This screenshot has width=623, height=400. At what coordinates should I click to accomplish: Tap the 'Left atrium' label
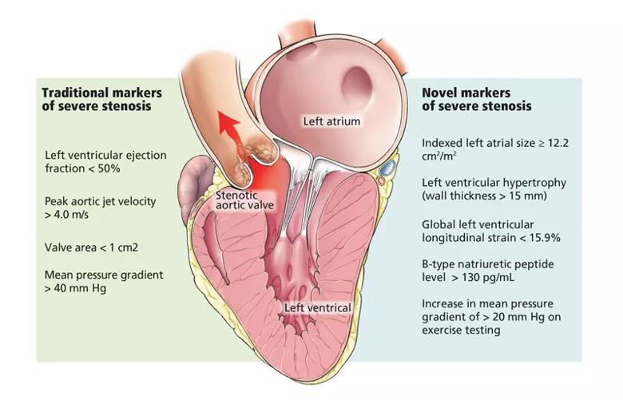[331, 121]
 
